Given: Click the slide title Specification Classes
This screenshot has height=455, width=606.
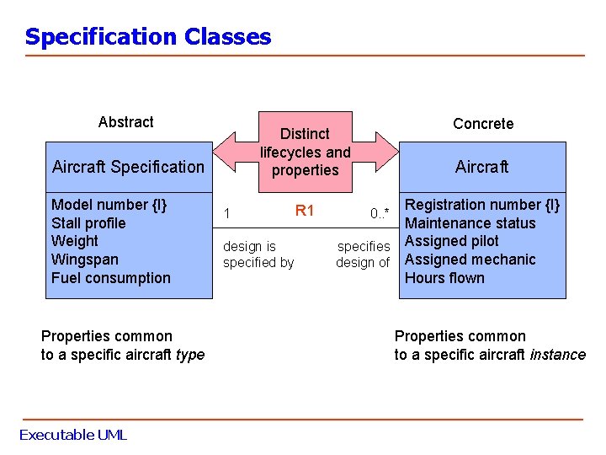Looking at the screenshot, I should tap(148, 37).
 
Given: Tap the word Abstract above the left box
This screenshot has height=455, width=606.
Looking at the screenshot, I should tap(125, 122).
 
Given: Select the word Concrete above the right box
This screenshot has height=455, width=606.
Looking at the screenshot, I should tap(482, 124).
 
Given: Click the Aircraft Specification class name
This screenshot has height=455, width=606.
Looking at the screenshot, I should tap(128, 167).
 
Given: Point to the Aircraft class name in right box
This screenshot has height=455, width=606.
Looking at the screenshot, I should tap(481, 167).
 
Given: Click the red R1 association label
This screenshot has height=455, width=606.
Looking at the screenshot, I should tap(304, 211).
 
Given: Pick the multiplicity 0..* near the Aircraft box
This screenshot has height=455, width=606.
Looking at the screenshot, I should tap(380, 213).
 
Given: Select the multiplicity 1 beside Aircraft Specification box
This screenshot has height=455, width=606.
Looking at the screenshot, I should tap(226, 213).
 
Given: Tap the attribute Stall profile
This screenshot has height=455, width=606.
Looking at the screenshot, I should tap(88, 223).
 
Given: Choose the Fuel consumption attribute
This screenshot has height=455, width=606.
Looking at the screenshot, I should tap(110, 278).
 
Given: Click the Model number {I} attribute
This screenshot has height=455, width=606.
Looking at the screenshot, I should tap(109, 205).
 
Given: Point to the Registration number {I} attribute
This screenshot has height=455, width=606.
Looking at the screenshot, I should tap(482, 205).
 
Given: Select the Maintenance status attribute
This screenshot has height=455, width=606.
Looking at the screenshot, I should tap(470, 223).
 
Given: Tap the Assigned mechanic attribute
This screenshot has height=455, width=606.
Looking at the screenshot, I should tap(470, 260).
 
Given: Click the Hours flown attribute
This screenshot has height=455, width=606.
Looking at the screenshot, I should tap(444, 278).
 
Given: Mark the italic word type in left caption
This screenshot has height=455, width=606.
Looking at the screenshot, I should tap(190, 355).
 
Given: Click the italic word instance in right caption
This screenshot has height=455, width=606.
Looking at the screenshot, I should tap(557, 355).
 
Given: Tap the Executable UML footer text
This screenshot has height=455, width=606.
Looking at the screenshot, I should tap(72, 435).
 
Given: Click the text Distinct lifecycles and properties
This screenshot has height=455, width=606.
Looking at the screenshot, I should tap(305, 152).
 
